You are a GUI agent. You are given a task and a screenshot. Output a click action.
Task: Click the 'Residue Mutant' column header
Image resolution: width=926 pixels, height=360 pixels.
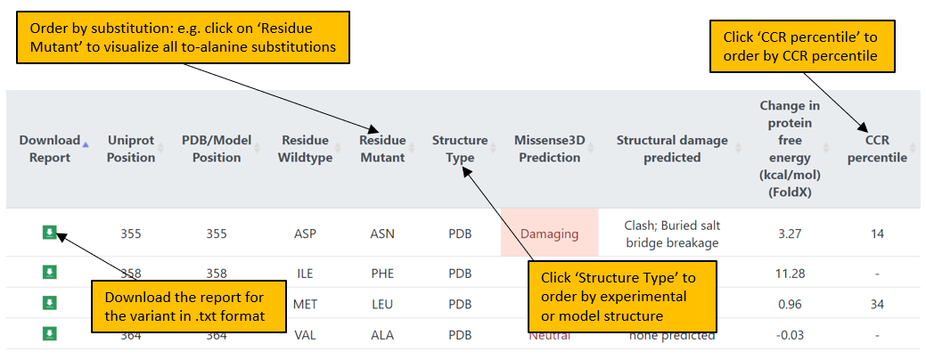click(x=382, y=149)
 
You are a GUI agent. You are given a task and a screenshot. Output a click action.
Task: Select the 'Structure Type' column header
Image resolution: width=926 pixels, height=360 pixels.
click(x=460, y=149)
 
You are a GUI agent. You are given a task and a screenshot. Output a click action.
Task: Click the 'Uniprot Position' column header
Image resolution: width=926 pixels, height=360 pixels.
click(x=131, y=149)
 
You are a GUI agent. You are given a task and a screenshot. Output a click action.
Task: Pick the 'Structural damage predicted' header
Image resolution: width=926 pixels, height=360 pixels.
click(x=671, y=149)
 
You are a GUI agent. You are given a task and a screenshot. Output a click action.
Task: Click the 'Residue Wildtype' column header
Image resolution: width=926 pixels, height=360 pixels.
click(x=305, y=149)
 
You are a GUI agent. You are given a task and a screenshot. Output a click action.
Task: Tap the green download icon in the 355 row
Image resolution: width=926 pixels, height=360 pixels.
click(x=51, y=233)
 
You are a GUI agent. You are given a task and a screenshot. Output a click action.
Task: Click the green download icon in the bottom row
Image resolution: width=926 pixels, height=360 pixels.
click(x=51, y=333)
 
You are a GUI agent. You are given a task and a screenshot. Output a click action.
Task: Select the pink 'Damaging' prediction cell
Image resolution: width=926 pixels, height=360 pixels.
click(x=549, y=234)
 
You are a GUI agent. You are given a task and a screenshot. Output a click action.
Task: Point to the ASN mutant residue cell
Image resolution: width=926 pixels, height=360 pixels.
click(x=381, y=234)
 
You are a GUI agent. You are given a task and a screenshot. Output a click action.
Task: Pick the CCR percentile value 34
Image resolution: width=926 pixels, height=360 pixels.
click(x=878, y=304)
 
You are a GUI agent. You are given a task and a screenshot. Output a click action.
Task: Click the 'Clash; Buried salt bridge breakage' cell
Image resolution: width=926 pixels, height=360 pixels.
click(x=671, y=233)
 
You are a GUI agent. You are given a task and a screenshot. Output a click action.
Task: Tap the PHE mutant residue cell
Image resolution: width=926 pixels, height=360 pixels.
click(x=381, y=274)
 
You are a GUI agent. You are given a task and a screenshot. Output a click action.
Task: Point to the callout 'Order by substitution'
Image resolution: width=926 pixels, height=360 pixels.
click(x=182, y=37)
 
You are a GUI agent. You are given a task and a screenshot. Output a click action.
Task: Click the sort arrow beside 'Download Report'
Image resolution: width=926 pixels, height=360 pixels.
click(x=86, y=143)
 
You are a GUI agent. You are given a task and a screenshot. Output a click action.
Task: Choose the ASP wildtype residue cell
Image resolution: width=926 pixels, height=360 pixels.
click(x=305, y=234)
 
